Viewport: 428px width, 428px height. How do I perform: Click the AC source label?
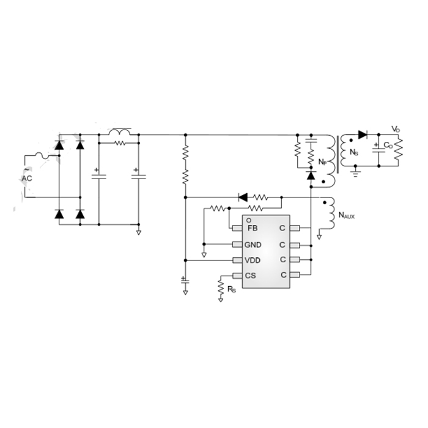(27, 179)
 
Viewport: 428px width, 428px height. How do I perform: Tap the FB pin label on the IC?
(253, 228)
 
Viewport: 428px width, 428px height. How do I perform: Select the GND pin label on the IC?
(253, 245)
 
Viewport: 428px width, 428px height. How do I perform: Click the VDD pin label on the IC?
(253, 260)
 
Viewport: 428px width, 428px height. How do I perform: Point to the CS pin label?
(250, 275)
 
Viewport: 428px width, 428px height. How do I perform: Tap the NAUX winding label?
(347, 215)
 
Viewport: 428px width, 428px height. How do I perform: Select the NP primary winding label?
(322, 162)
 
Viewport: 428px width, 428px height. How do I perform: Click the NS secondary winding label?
(354, 152)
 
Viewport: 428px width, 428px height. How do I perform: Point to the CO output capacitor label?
(388, 146)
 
